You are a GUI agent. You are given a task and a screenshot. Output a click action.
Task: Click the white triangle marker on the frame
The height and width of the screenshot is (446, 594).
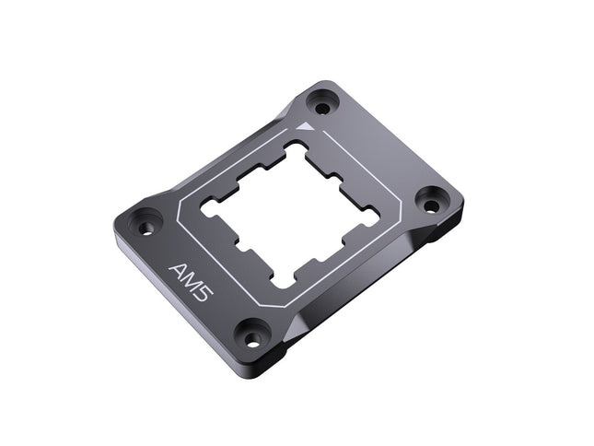pos(307,127)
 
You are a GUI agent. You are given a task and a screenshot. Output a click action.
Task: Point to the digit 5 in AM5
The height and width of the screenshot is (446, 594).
pos(204,294)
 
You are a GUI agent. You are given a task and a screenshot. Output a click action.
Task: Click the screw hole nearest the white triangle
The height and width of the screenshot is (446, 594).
pos(322,102)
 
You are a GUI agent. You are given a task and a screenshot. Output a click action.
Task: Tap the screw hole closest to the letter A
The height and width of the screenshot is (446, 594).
pos(146,223)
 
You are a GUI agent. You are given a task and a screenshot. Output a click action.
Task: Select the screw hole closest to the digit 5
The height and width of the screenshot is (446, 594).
pos(251,335)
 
